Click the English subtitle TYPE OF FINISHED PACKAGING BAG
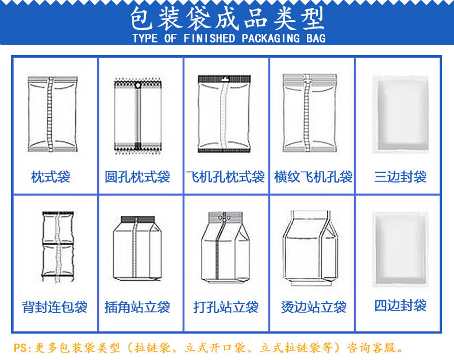click(229, 38)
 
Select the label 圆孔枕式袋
click(137, 176)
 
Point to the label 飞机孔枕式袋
click(225, 176)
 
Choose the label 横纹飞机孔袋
click(313, 176)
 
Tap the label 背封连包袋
click(55, 307)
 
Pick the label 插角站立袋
click(137, 307)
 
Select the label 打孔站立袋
click(225, 307)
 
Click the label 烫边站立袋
click(313, 307)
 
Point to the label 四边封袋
click(401, 305)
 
